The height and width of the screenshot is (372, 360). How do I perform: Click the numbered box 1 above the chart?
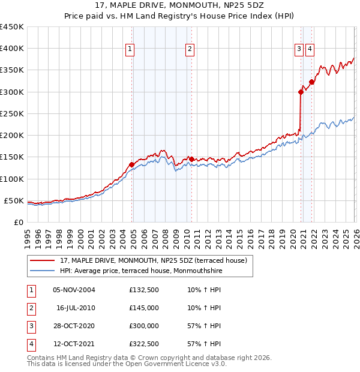point(130,50)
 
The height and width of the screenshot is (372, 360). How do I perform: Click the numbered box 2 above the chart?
point(190,50)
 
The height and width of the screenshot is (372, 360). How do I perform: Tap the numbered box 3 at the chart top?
point(299,50)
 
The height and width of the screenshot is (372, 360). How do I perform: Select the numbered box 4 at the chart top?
point(310,50)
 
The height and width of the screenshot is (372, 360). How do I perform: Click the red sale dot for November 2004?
point(131,164)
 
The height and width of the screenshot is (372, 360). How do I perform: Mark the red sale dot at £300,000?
point(301,92)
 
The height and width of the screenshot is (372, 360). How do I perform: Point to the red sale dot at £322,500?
point(311,82)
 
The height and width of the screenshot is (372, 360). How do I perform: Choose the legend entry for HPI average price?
point(140,271)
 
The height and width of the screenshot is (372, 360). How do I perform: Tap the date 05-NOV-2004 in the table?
point(74,290)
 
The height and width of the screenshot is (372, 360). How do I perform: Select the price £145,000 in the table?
point(144,308)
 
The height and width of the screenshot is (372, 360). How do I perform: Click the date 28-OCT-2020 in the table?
point(74,326)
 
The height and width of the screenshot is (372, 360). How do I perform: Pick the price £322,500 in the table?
point(144,344)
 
